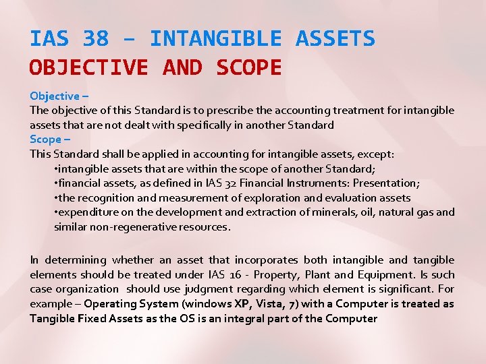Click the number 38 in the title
click(96, 39)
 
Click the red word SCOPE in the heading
click(248, 67)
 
